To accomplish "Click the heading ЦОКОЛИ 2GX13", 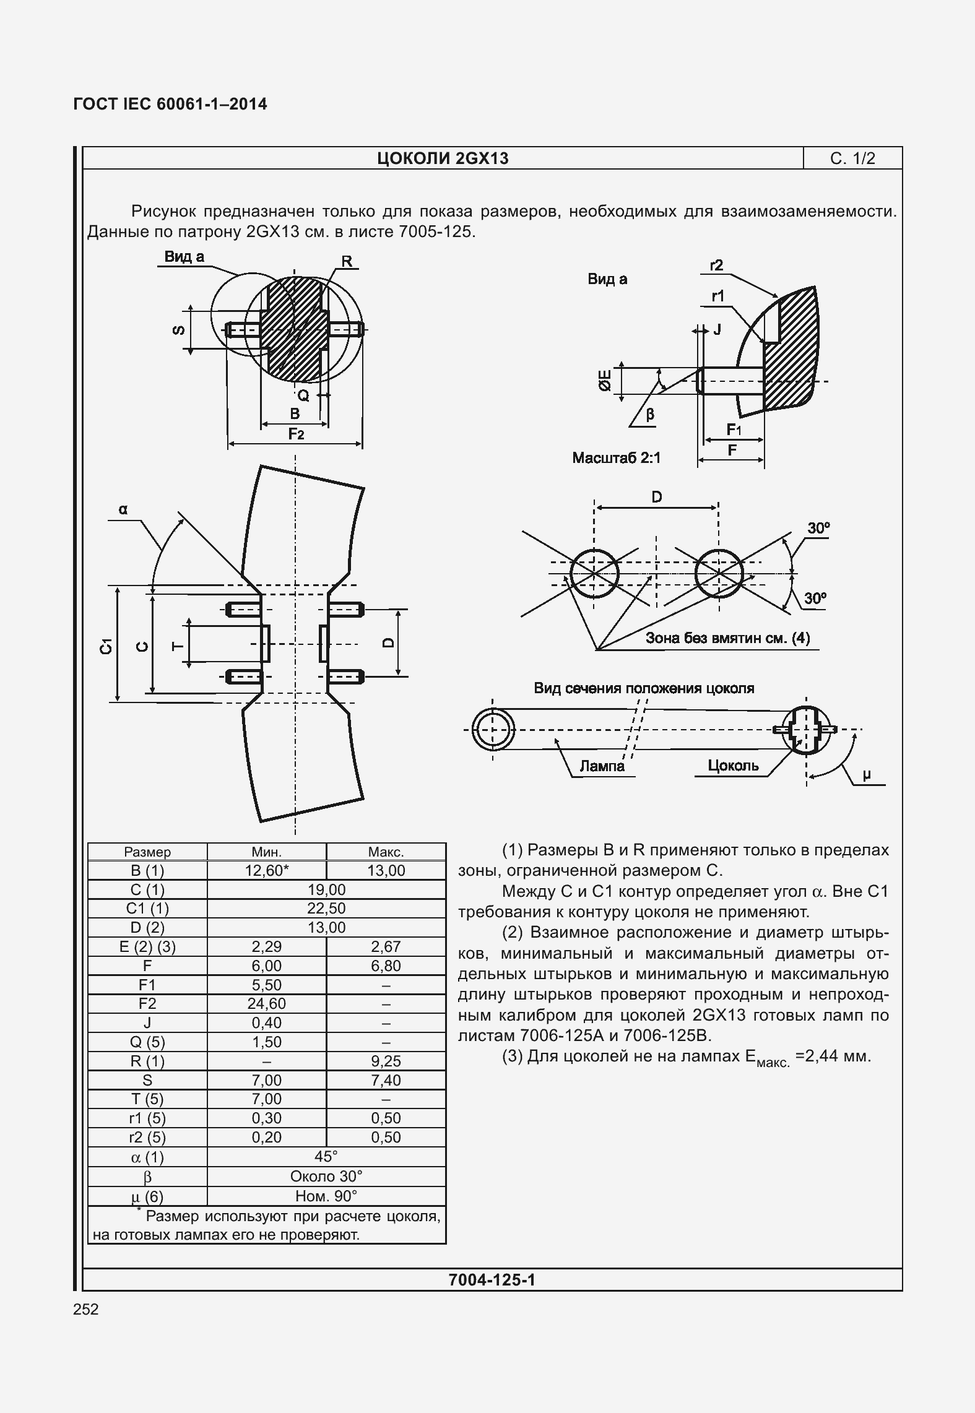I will click(x=443, y=159).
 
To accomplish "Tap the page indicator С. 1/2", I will click(x=852, y=159).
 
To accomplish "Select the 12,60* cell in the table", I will click(x=266, y=870).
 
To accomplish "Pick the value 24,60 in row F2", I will click(x=266, y=1003).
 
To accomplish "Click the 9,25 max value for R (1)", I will click(x=386, y=1061).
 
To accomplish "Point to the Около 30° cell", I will click(x=326, y=1176).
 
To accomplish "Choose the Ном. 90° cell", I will click(x=326, y=1195).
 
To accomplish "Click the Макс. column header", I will click(x=386, y=852).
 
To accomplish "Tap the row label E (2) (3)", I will click(x=147, y=946).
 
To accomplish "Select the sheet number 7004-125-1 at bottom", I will click(x=492, y=1279).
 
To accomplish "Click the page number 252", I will click(x=86, y=1309).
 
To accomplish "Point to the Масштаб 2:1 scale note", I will click(x=616, y=458).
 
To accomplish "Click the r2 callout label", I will click(x=716, y=266).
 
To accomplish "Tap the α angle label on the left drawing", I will click(x=123, y=509).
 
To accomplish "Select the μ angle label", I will click(x=866, y=774).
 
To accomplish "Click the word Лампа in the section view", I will click(x=602, y=766).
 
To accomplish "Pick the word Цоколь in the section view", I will click(x=733, y=766).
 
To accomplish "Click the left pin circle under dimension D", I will click(x=594, y=574).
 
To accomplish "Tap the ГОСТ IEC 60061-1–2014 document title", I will click(x=170, y=104).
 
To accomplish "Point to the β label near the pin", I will click(x=649, y=414).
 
